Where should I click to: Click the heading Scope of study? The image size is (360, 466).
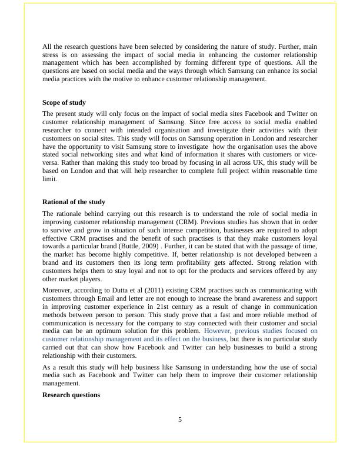pyautogui.click(x=64, y=102)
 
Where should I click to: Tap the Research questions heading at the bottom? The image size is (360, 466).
pyautogui.click(x=71, y=395)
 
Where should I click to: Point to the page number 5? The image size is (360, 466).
pyautogui.click(x=180, y=420)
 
